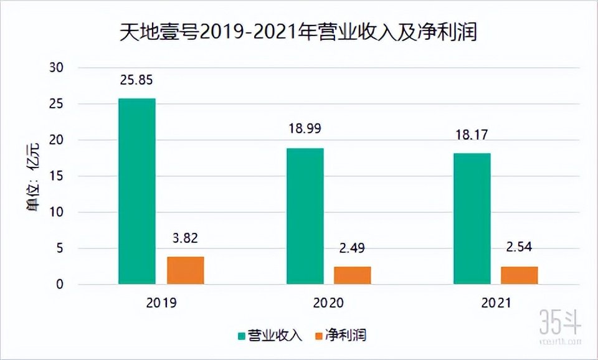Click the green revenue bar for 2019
click(137, 191)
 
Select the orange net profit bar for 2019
click(186, 270)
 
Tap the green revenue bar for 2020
click(305, 216)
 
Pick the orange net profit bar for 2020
click(353, 275)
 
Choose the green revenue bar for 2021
click(472, 219)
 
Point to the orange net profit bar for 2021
click(520, 275)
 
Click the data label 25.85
click(136, 80)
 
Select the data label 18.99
click(305, 130)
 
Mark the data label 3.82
click(186, 239)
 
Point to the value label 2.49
click(353, 249)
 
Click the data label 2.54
click(520, 248)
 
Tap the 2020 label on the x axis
click(328, 303)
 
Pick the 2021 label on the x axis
click(496, 303)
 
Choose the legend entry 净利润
click(342, 336)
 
